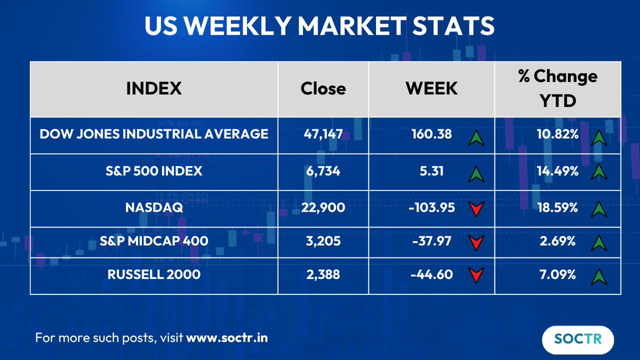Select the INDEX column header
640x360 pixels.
coord(154,88)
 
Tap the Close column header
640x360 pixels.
coord(323,88)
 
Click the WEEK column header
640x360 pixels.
coord(431,88)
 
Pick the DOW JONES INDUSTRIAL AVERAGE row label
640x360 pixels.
coord(154,134)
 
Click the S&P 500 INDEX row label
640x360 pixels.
coord(154,171)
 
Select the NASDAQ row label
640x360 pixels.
coord(154,207)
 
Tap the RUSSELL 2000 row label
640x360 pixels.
coord(154,275)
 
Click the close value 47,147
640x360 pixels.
coord(323,134)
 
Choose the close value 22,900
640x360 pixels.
coord(323,207)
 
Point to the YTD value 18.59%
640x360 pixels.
coord(558,207)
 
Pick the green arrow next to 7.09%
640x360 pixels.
coord(599,276)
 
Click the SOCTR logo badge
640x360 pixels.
coord(578,339)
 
